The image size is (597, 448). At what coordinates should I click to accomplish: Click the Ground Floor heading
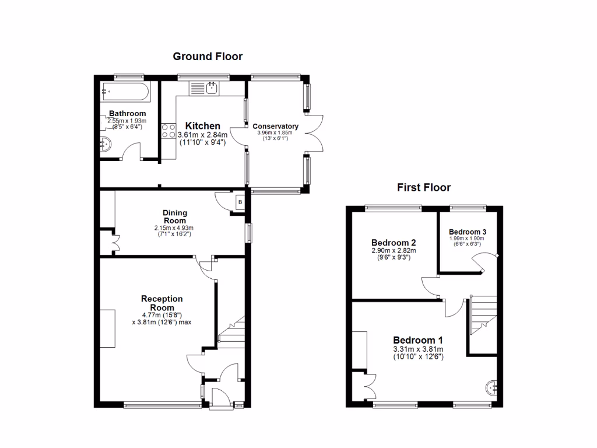(x=208, y=57)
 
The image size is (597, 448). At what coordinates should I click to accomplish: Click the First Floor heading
(x=424, y=187)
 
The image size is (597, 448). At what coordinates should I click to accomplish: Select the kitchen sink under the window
(x=203, y=88)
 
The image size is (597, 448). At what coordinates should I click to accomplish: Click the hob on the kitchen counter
(x=168, y=131)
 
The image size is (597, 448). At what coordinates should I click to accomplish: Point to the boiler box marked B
(x=240, y=202)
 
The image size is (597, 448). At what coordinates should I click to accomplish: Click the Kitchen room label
(x=203, y=126)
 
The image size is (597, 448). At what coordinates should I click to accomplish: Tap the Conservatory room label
(x=275, y=126)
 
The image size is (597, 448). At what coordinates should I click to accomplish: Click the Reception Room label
(x=162, y=303)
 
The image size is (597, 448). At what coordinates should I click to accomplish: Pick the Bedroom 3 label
(x=467, y=232)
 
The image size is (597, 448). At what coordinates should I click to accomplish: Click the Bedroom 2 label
(x=394, y=242)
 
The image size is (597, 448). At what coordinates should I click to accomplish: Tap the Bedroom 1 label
(x=418, y=340)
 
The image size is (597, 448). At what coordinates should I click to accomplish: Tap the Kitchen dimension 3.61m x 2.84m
(x=203, y=135)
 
